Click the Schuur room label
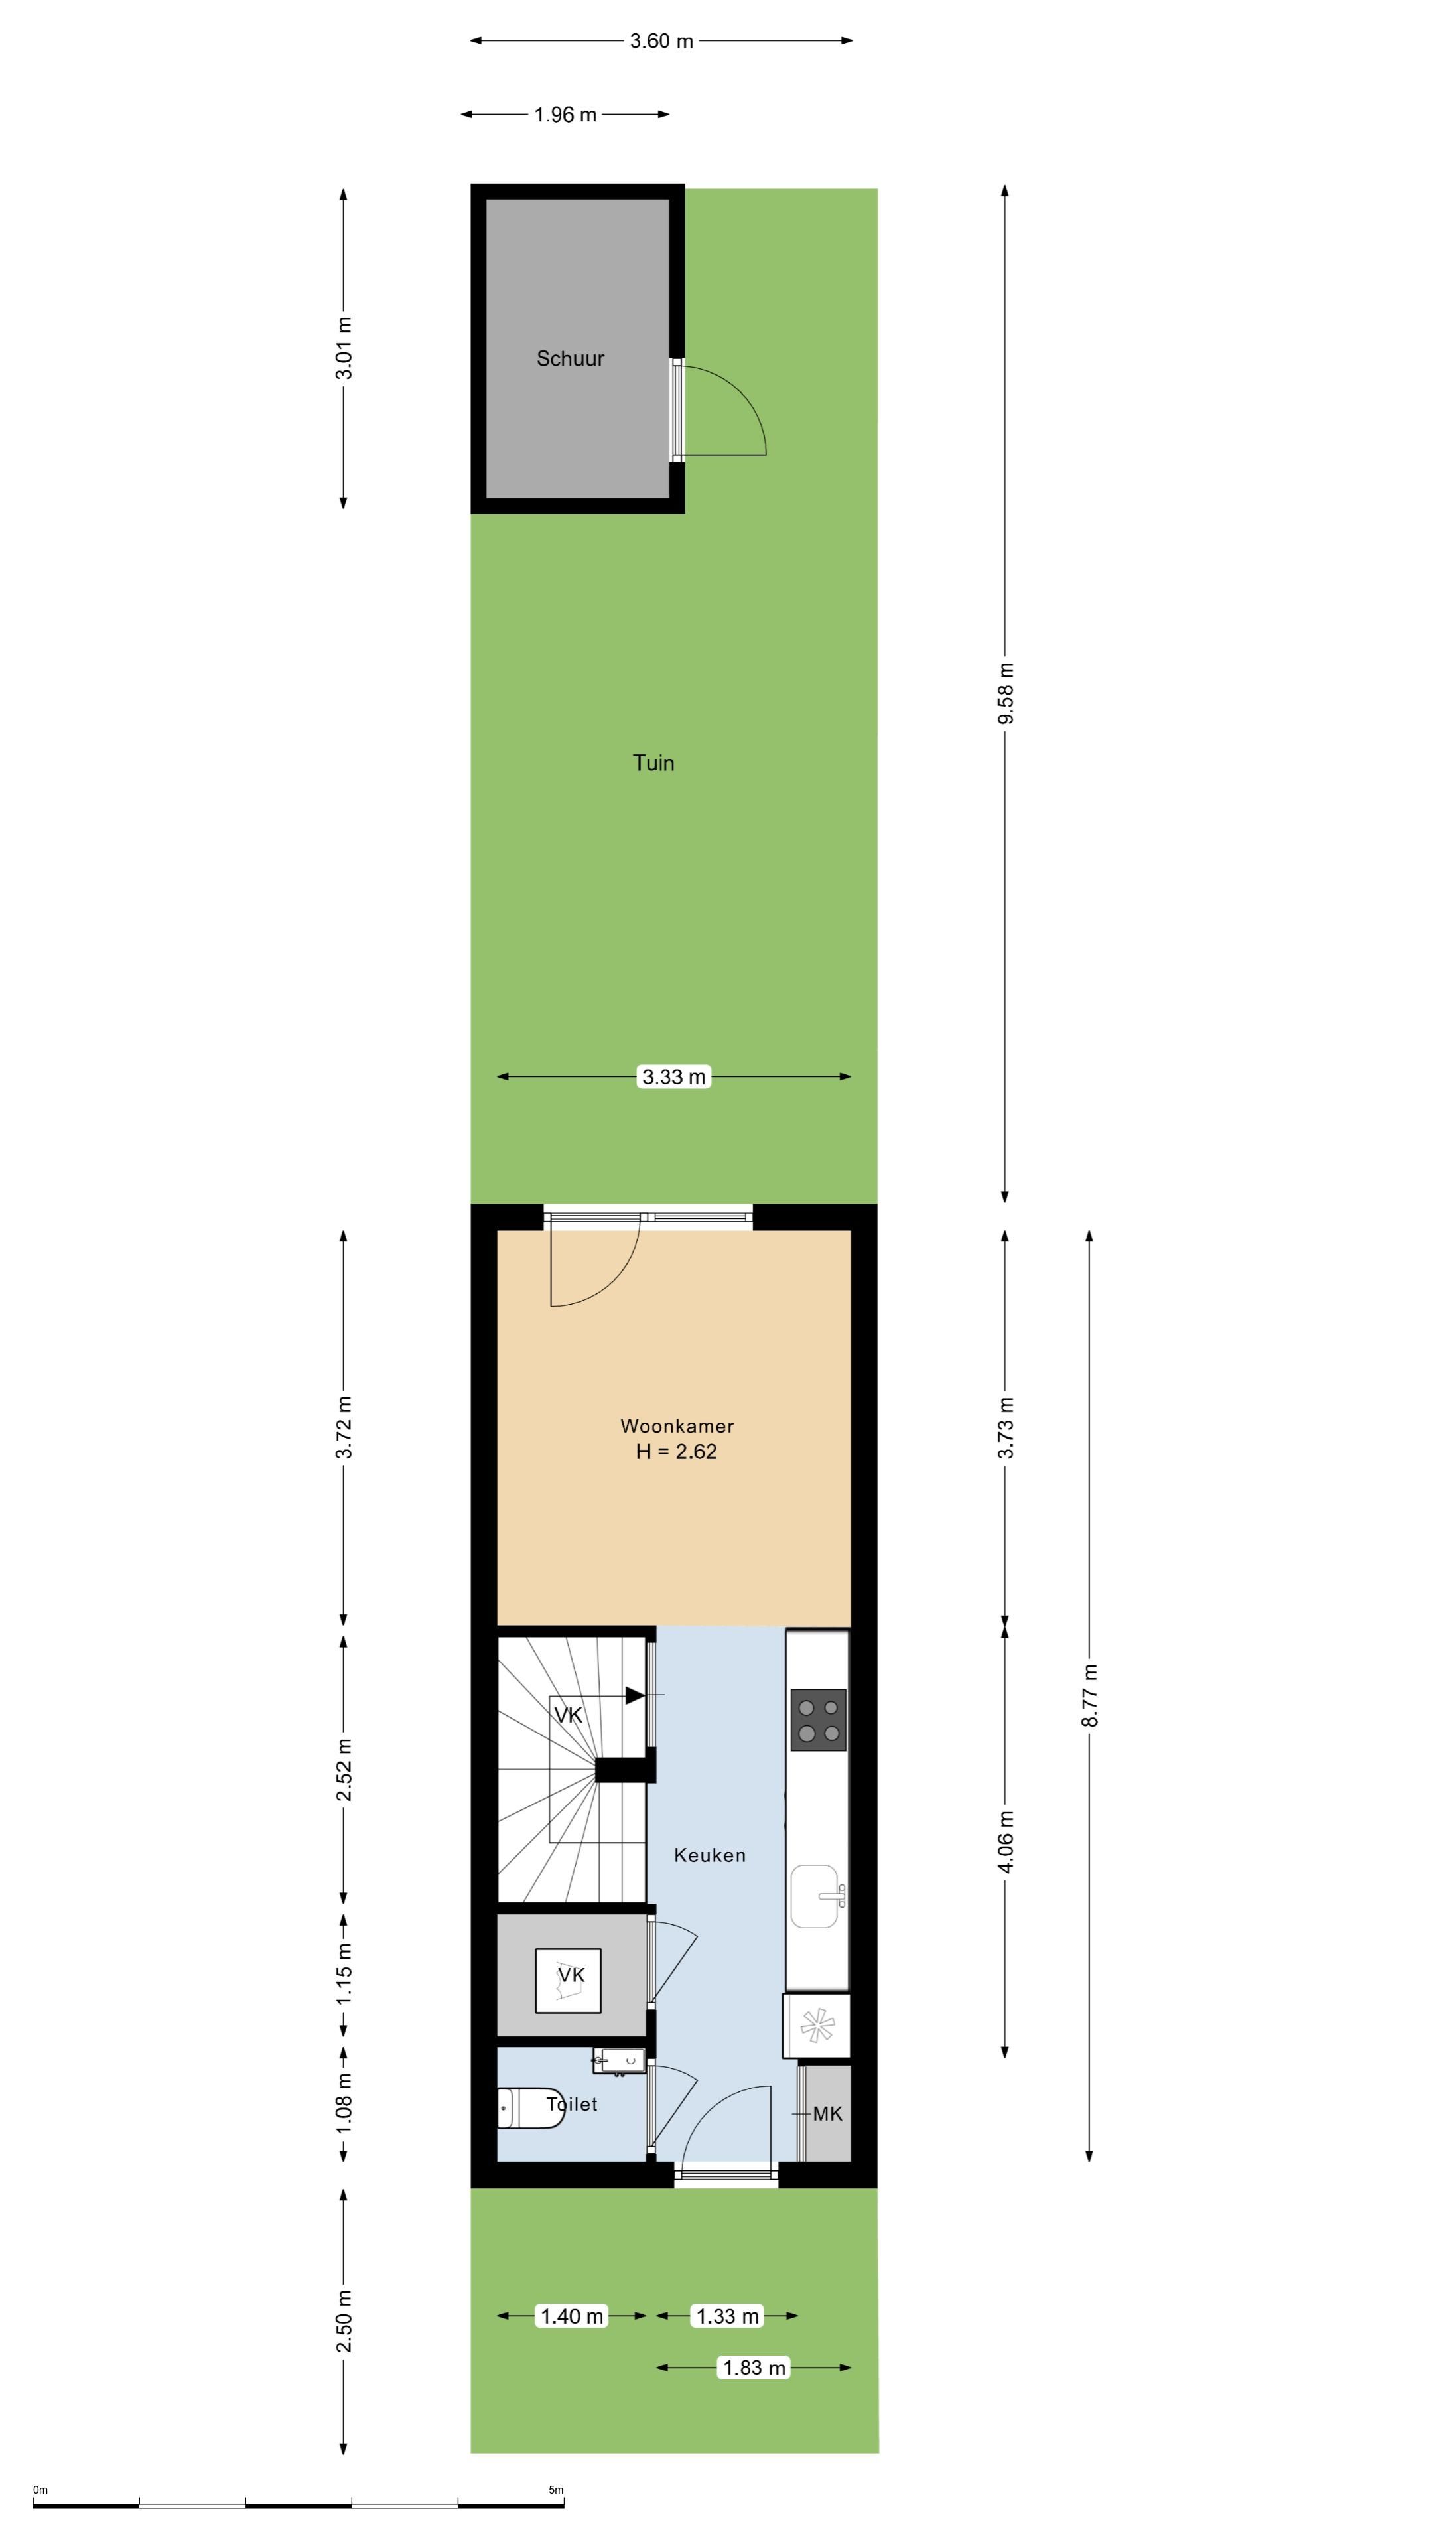coord(570,358)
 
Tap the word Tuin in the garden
coord(653,762)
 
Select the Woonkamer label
coord(677,1425)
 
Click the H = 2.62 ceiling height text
coord(677,1451)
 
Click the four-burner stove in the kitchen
coord(819,1719)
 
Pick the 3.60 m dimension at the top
coord(661,40)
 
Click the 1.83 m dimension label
coord(754,2367)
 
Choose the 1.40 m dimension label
coord(572,2316)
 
